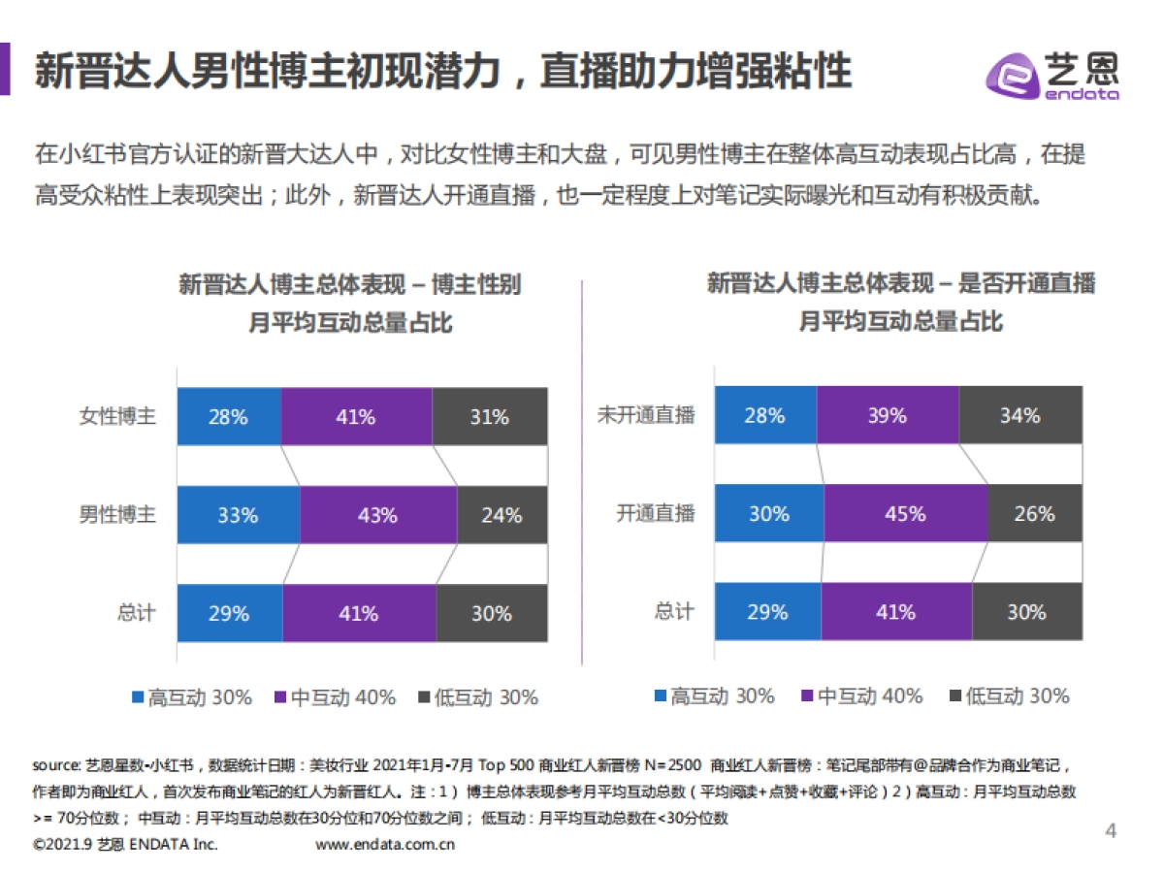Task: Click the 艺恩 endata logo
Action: [1052, 74]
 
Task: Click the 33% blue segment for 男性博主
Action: [238, 515]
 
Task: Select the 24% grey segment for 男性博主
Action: [501, 515]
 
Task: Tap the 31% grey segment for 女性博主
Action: [489, 417]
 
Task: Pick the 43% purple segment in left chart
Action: [377, 515]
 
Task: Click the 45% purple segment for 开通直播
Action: [905, 513]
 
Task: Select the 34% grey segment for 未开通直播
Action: [1019, 415]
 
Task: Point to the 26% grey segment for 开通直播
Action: [1034, 513]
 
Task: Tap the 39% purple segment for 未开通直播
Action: [887, 415]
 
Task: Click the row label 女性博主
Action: [117, 417]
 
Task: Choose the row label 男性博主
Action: [117, 515]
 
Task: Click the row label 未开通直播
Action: [646, 415]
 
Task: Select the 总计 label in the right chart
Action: [674, 611]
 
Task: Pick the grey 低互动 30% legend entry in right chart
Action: [1008, 695]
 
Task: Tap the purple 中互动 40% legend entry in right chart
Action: [859, 695]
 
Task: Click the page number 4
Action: [1112, 830]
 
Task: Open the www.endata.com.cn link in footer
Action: [385, 844]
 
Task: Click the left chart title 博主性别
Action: [350, 284]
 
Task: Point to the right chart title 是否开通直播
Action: [902, 283]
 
